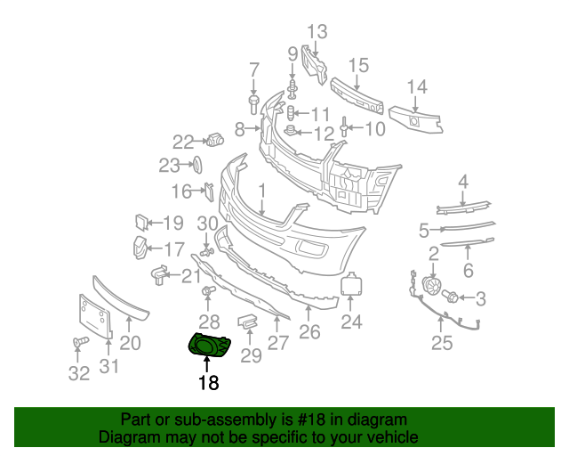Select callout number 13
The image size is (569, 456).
tap(317, 33)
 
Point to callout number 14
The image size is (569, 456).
tap(416, 87)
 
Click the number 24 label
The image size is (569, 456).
tap(352, 322)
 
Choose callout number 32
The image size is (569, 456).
tap(79, 374)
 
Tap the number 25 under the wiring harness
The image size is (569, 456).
tap(442, 342)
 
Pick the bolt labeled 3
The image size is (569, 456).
tap(450, 296)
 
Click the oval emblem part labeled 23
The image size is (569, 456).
tap(198, 164)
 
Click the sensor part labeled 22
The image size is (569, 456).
tap(215, 139)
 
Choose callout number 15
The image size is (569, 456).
tap(358, 65)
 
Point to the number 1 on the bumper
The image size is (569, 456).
tap(262, 191)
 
